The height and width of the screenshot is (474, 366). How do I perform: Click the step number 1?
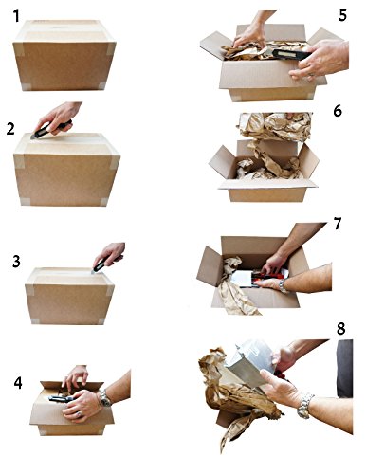click(16, 16)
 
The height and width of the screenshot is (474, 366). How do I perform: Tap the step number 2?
click(10, 129)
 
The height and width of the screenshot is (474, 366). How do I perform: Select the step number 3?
click(16, 262)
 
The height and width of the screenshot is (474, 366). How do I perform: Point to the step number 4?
click(18, 382)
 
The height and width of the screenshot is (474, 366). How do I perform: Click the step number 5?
click(342, 15)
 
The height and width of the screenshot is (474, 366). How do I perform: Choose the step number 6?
click(338, 111)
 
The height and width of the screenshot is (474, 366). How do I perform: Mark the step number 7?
click(338, 224)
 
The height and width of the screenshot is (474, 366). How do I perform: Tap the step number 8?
click(340, 329)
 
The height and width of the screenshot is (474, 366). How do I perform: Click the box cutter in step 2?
click(50, 129)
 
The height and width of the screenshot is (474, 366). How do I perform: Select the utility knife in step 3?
click(105, 264)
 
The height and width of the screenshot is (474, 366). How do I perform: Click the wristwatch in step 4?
click(104, 398)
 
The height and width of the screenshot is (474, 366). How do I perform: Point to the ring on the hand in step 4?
click(80, 413)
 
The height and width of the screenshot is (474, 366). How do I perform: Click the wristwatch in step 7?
click(283, 285)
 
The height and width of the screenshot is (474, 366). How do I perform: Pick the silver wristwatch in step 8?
click(304, 406)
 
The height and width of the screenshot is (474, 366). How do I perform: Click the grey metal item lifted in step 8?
click(249, 363)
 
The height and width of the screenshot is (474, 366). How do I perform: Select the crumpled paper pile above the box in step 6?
click(275, 126)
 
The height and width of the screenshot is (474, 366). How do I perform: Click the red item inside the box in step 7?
click(268, 277)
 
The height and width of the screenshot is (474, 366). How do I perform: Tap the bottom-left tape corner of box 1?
click(26, 86)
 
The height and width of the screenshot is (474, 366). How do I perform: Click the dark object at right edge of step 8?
click(345, 369)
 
